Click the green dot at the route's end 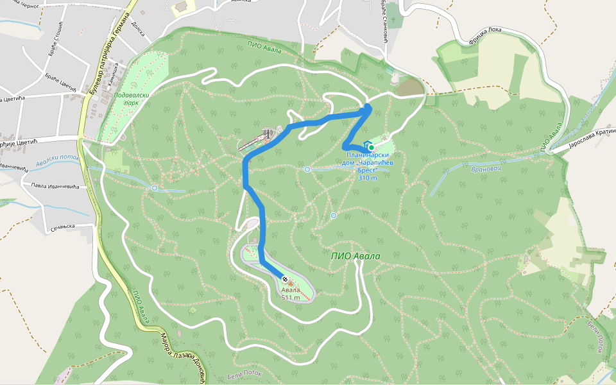click(372, 147)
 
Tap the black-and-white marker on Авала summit click(284, 279)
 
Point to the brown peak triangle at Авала click(289, 283)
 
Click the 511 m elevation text click(291, 298)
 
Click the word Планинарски click(365, 156)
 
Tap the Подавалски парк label click(127, 98)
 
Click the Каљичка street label click(114, 75)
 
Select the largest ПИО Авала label click(355, 256)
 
